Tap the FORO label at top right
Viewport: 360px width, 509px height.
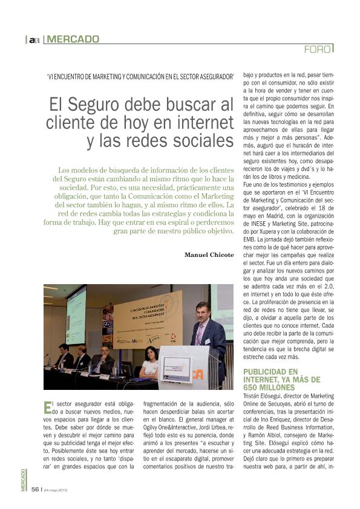click(318, 48)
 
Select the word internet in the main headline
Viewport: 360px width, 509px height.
click(203, 122)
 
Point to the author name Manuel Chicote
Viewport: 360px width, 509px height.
click(209, 254)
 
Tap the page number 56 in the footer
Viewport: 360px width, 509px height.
click(35, 489)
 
